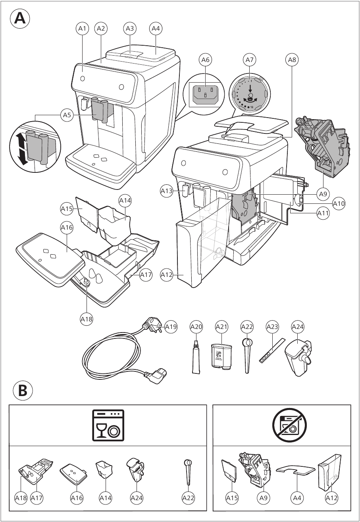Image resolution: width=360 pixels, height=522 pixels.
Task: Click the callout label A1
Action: point(82,29)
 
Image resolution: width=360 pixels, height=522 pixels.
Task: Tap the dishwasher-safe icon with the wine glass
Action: point(108,425)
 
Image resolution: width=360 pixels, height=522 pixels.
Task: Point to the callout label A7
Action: point(249,60)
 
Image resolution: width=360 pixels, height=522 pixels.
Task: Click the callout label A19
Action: point(171,327)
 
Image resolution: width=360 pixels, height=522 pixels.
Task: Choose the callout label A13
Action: point(167,191)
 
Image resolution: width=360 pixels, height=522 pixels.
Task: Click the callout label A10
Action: point(339,204)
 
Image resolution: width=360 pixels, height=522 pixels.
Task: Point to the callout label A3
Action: point(130,29)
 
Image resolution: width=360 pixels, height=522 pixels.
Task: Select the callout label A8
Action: point(292,60)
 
